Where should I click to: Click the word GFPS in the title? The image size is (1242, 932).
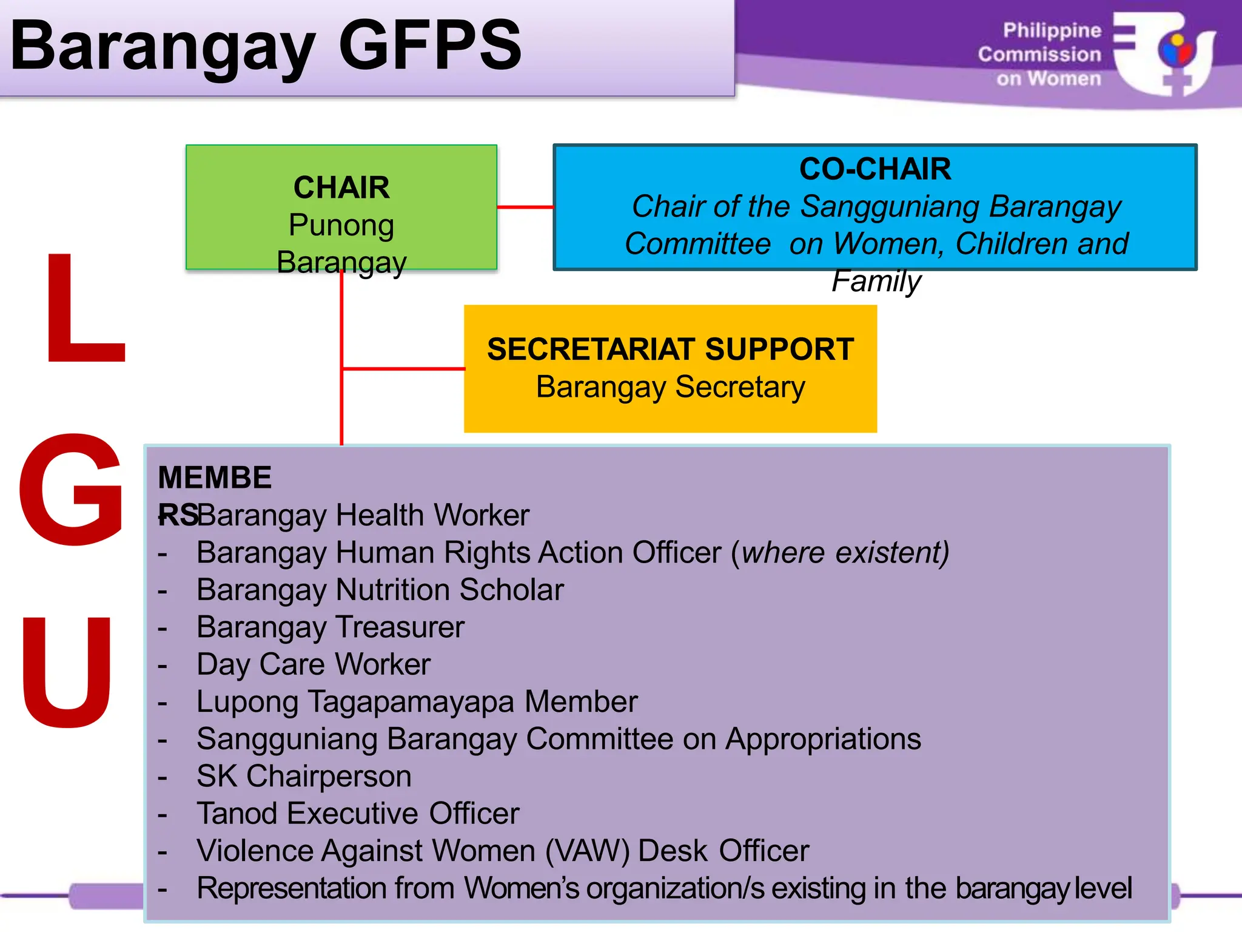[429, 46]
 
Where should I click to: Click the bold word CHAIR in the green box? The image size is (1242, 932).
[341, 187]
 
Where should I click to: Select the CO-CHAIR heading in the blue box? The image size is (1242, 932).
[874, 169]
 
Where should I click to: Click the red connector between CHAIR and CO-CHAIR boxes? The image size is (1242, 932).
[525, 207]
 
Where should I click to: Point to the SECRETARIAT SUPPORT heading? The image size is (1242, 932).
[670, 349]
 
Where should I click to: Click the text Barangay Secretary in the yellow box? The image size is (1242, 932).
[670, 387]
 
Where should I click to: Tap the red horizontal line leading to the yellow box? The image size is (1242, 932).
[403, 368]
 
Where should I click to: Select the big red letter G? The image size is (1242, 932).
[72, 489]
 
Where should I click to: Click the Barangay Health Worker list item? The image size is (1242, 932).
[363, 515]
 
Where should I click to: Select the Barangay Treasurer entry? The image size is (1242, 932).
[331, 627]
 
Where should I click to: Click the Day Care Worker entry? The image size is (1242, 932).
[314, 664]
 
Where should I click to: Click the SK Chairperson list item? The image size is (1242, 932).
[304, 777]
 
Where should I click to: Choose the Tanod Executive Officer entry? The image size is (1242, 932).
[358, 814]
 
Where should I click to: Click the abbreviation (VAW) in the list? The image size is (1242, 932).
[588, 851]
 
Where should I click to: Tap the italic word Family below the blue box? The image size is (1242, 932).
[876, 281]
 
